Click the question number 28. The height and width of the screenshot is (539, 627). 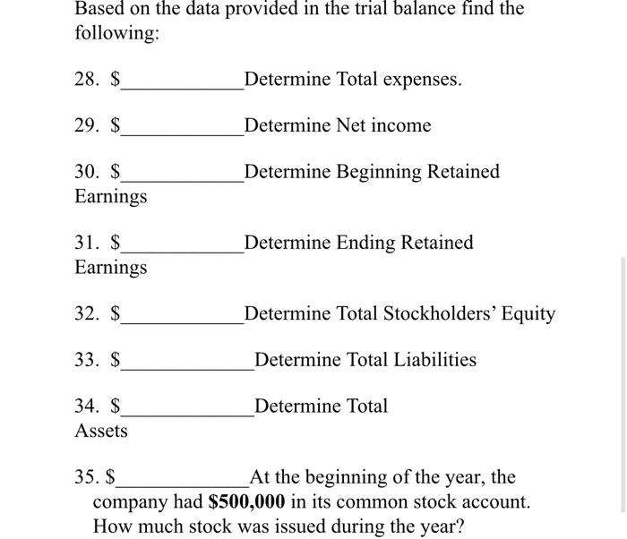(86, 80)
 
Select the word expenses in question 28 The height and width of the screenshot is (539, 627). (420, 80)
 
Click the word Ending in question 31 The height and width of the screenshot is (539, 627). (367, 243)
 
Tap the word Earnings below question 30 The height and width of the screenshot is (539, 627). (111, 196)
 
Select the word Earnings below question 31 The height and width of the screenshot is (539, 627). (111, 267)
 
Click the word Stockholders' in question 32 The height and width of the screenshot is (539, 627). (435, 313)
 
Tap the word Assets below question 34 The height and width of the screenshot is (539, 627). (101, 432)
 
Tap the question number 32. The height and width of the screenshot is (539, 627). (86, 313)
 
